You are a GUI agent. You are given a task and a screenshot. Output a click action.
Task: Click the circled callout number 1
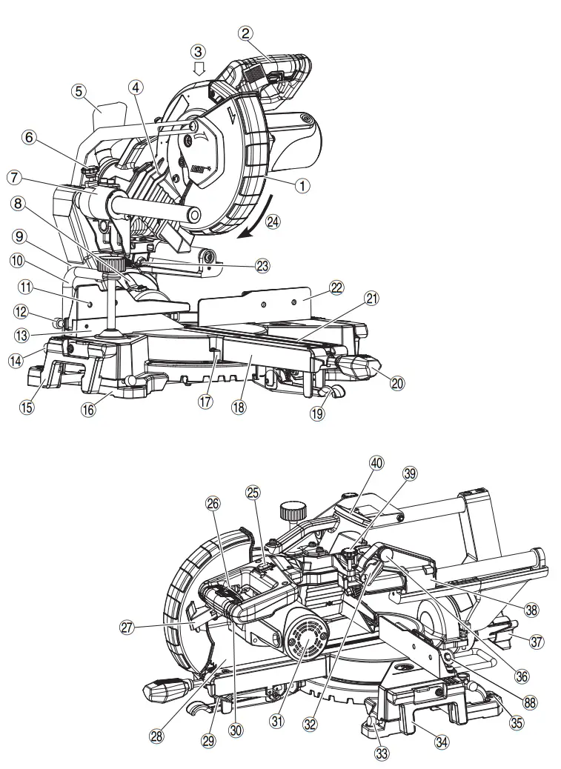coord(302,186)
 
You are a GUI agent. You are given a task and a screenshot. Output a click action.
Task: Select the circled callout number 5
coord(79,91)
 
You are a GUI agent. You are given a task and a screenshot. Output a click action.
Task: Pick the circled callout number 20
coord(397,382)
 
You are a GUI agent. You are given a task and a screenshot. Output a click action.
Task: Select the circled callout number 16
coord(88,409)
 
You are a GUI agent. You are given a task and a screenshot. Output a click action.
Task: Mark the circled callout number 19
coord(317,413)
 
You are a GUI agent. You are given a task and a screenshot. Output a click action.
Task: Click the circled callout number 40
coord(377,463)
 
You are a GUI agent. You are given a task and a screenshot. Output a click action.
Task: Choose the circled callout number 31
coord(277,719)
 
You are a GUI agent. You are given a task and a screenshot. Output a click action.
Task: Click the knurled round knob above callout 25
coord(293,511)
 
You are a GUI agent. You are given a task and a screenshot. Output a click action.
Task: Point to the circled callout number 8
coord(18,202)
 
